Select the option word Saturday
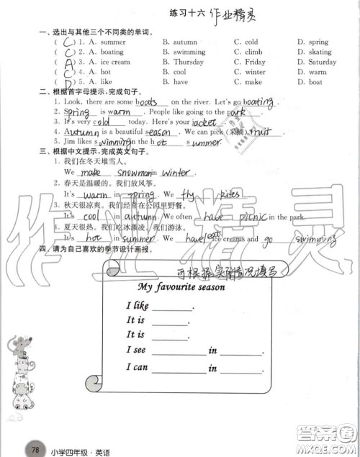click(x=321, y=63)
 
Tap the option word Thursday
click(x=189, y=63)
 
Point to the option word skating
click(x=320, y=53)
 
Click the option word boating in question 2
click(x=112, y=53)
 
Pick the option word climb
click(x=253, y=53)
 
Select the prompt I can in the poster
click(x=138, y=367)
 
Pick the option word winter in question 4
click(x=255, y=73)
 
